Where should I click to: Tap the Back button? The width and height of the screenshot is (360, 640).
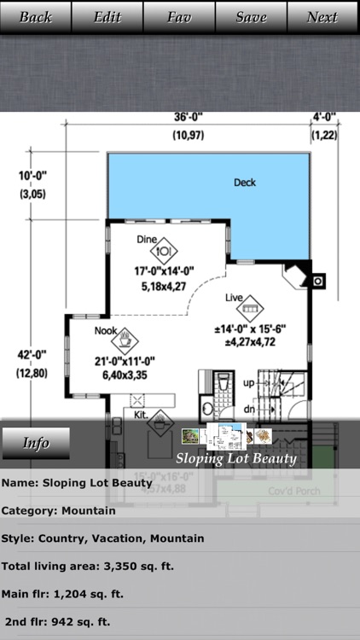click(36, 17)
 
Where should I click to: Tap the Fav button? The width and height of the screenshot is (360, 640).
click(179, 17)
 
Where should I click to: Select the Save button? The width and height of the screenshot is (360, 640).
click(251, 17)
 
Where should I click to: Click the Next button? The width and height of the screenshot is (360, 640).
click(322, 17)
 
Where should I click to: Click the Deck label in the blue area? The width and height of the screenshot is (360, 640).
click(245, 183)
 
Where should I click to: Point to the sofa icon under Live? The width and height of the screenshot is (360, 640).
click(251, 307)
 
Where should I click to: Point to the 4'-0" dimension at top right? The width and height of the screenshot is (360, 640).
click(324, 118)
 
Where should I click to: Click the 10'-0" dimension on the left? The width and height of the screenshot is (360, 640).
click(32, 177)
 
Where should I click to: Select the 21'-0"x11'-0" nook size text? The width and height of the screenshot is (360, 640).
click(125, 361)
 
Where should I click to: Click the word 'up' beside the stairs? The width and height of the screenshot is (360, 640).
click(248, 383)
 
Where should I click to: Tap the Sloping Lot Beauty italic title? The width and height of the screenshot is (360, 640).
click(237, 458)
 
